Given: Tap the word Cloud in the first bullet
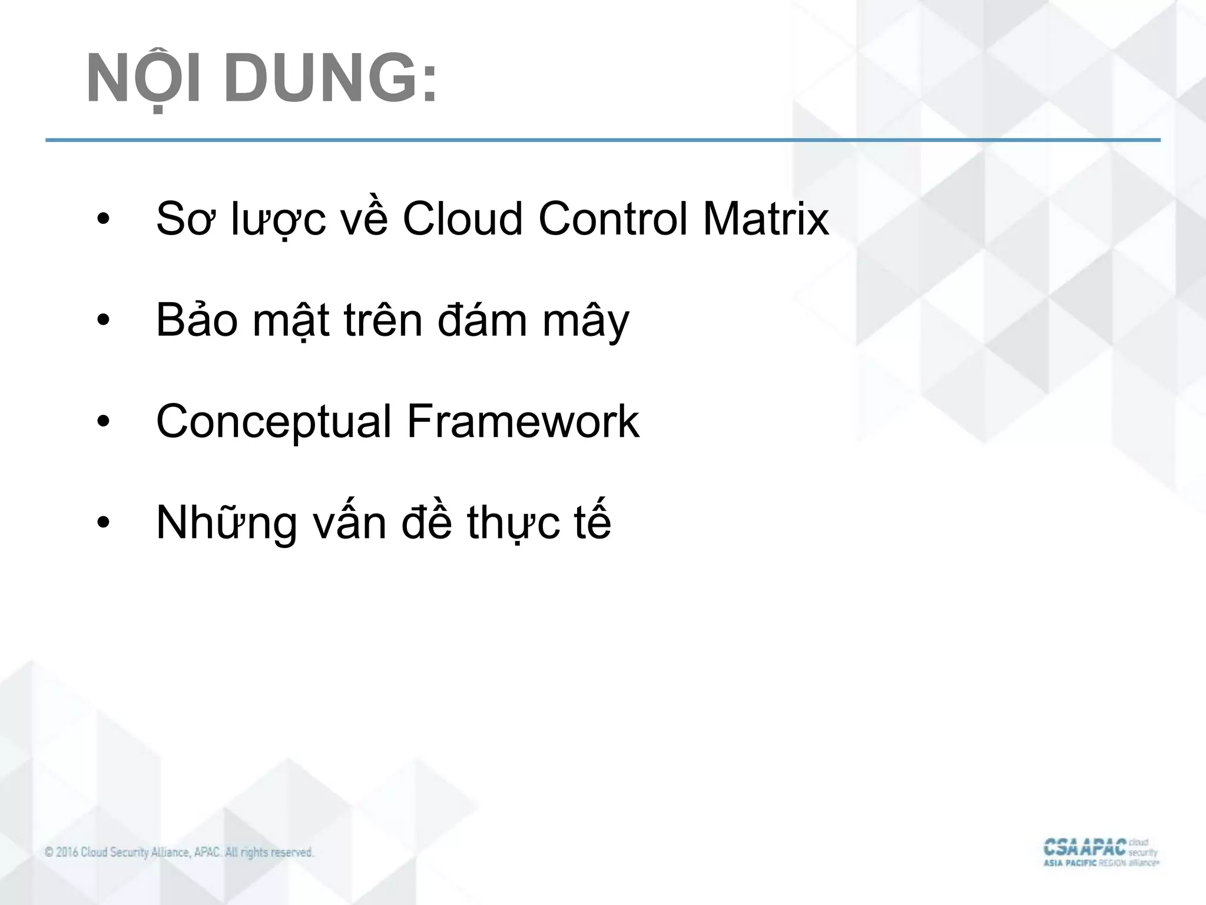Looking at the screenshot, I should (462, 219).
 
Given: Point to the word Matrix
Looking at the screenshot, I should (766, 219).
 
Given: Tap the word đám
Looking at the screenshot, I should (482, 321).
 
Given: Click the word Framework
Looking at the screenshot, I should (523, 422).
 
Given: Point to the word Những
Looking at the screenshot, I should (227, 523).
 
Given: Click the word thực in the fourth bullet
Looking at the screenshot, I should (513, 523).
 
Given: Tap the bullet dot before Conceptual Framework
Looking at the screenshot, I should (104, 423).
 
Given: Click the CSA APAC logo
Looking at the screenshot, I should (1100, 852).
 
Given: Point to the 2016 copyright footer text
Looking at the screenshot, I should (179, 853).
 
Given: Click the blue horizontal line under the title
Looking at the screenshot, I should (603, 140).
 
